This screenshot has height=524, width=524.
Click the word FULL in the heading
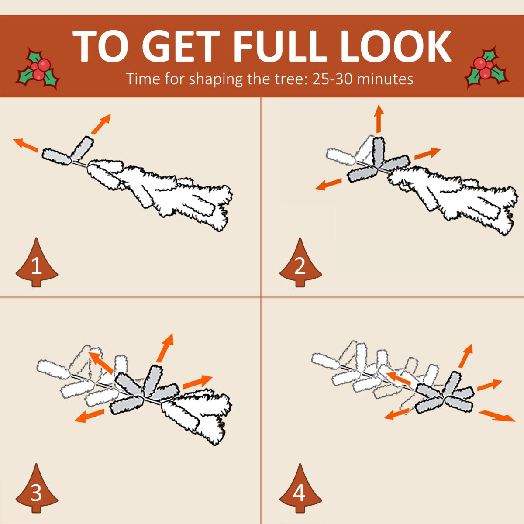coord(279,46)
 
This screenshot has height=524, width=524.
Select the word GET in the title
coord(181,46)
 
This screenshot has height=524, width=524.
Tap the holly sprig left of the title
coord(38,69)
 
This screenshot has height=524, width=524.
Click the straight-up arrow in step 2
coord(378,119)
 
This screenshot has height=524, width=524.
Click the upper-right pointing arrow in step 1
coord(101,124)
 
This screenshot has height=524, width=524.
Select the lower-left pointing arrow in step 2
coord(328,184)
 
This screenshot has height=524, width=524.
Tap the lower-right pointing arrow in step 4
coord(496,416)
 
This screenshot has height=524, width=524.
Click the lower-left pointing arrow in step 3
coord(89,416)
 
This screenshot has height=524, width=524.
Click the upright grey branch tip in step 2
coord(379,152)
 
